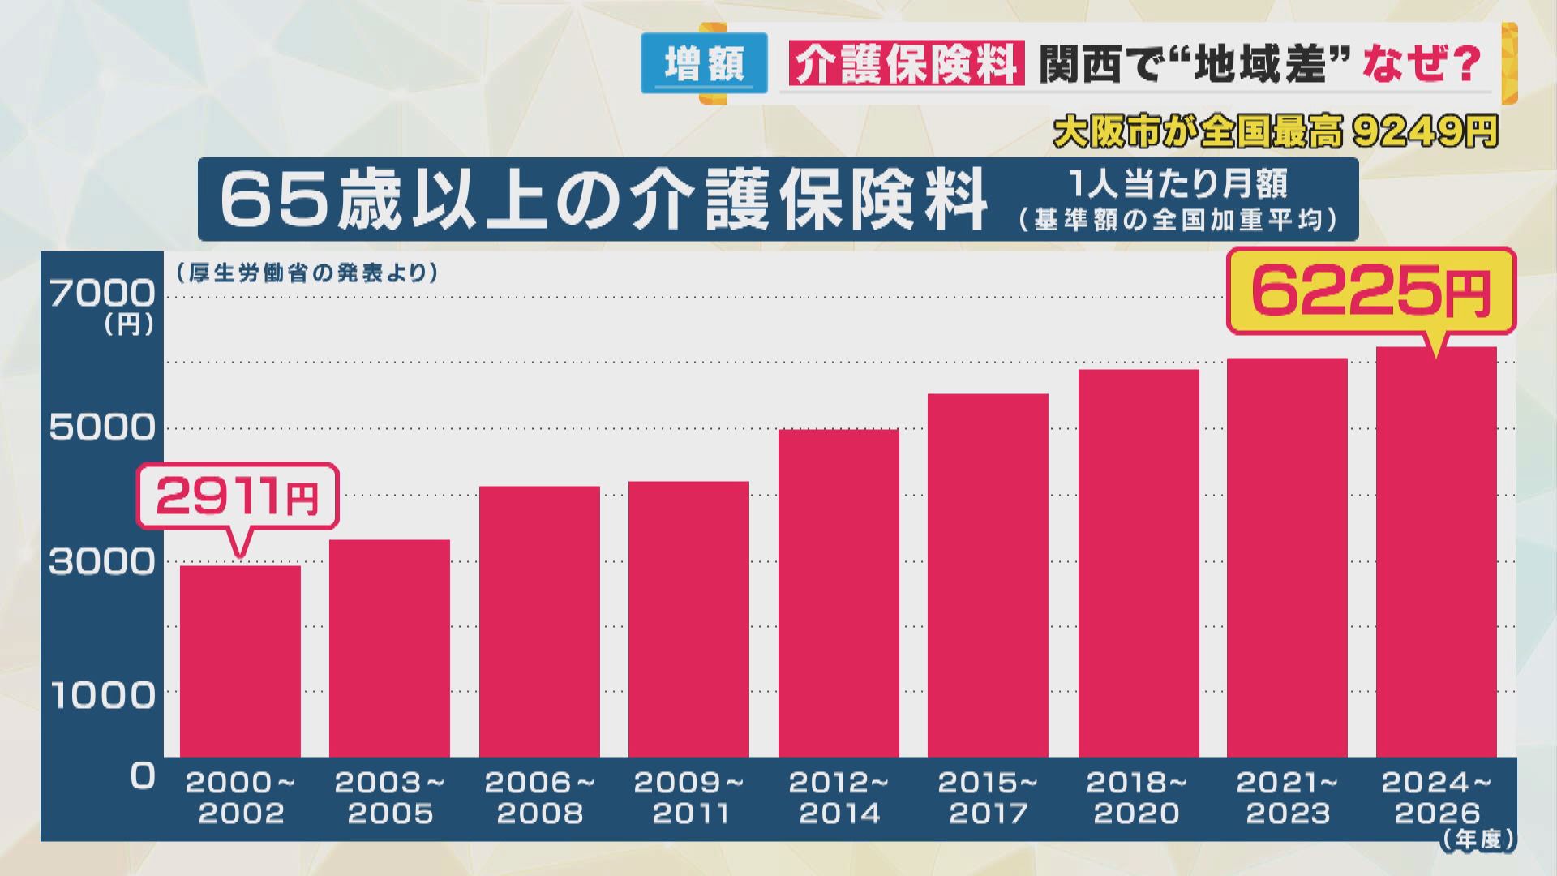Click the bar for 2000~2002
pos(240,661)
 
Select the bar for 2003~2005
pos(389,649)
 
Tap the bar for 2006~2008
pos(539,622)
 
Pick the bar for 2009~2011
pos(688,620)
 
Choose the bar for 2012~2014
pos(839,594)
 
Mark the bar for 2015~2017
pos(988,576)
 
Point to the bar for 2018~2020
pos(1138,564)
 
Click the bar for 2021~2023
pos(1287,558)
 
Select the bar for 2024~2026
pos(1436,552)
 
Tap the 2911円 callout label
pos(237,496)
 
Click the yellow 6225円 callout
pos(1370,292)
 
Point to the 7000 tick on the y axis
pos(102,293)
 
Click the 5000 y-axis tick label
pos(102,427)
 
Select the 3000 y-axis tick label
pos(102,561)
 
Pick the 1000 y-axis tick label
pos(102,695)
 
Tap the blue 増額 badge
pos(704,63)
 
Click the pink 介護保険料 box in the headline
pos(906,63)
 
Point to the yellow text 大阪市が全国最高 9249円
pos(1275,132)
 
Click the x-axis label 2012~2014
pos(839,797)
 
